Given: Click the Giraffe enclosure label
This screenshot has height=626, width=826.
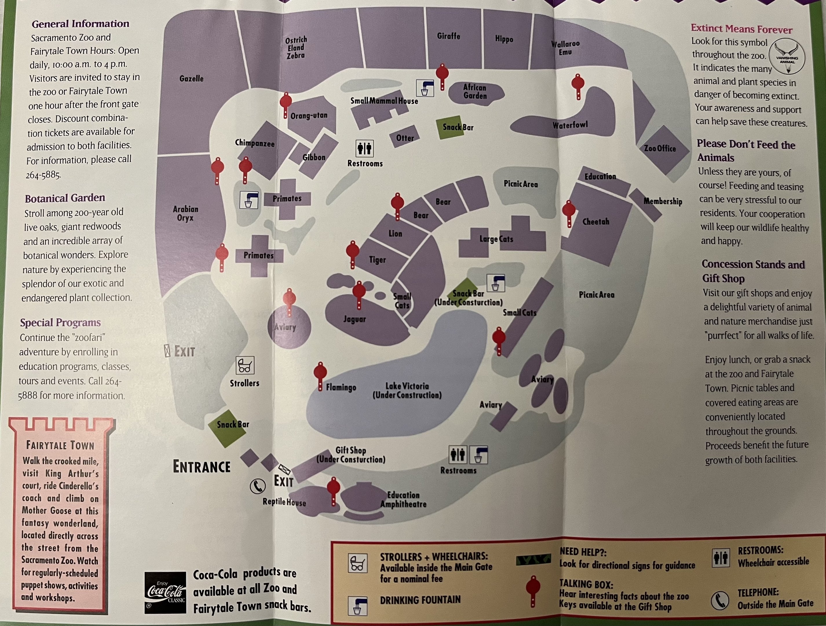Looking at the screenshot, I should coord(448,36).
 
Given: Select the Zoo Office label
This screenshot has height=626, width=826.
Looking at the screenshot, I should coord(660,148).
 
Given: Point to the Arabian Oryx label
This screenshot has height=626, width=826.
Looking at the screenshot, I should coord(185,213).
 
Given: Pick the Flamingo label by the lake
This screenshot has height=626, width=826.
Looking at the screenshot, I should coord(341,387).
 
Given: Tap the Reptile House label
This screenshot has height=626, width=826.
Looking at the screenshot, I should coord(284,502).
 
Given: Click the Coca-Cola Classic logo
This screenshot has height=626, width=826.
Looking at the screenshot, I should coord(165,592).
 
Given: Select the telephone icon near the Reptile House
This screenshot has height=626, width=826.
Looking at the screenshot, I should coord(258,486).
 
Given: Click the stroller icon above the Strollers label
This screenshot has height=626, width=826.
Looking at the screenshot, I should coord(245,365).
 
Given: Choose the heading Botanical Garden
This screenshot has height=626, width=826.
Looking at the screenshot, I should coord(65,198).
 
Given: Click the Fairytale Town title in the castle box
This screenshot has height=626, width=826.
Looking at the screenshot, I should coord(60,445).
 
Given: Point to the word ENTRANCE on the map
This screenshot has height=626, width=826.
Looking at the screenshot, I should coord(202,467).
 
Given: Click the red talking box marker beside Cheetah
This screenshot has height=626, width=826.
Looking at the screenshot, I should coord(569,213).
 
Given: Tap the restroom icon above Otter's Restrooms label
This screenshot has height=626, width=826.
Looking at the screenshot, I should coord(364,148).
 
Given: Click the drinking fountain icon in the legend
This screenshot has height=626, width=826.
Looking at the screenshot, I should coord(357,605).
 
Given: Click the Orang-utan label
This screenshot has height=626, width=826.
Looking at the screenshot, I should coord(309,115).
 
